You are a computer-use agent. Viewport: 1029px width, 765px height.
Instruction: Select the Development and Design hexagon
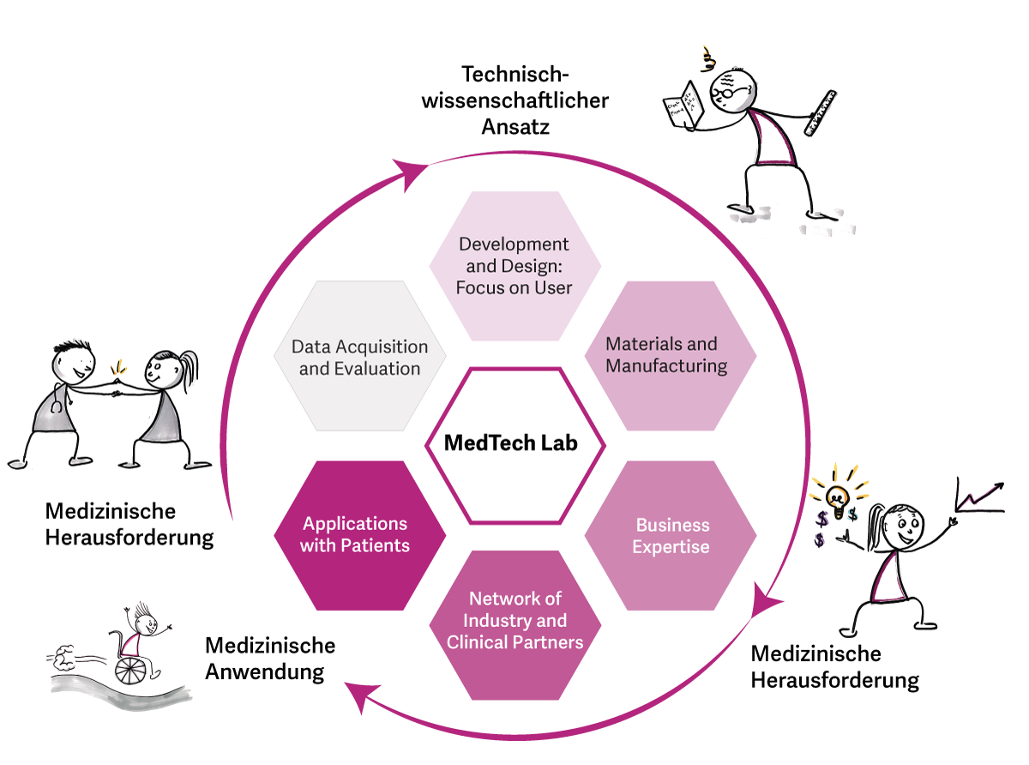(514, 265)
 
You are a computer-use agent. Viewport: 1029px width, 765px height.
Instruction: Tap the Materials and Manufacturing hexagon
(670, 355)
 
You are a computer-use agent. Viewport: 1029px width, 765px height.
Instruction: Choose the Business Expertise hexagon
(671, 535)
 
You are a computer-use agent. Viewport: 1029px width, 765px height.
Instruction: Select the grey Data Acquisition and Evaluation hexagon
(359, 355)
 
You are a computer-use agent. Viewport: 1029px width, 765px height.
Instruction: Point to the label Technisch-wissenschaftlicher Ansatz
(534, 100)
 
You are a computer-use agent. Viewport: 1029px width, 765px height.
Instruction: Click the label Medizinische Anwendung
(269, 658)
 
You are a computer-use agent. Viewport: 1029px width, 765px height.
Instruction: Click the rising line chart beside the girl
(978, 497)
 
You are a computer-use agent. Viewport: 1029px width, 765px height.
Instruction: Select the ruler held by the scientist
(818, 111)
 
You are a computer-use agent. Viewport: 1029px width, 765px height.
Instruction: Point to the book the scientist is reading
(683, 105)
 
